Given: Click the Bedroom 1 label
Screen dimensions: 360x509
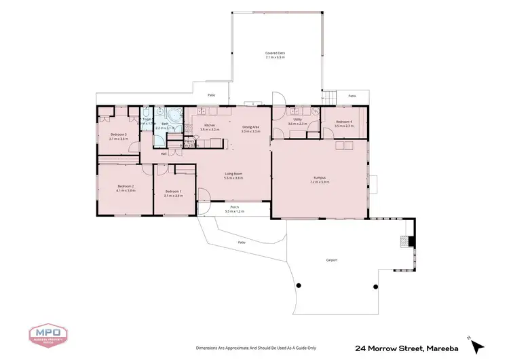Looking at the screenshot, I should tap(174, 192).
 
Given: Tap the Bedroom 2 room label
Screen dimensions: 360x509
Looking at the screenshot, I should tap(126, 187).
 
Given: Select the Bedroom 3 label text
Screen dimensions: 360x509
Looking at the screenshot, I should tap(119, 134).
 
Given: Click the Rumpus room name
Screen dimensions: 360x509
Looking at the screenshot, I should tap(319, 178).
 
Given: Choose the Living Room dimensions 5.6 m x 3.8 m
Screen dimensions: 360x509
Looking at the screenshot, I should tap(234, 178).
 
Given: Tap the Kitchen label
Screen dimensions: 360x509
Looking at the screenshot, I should tap(210, 126).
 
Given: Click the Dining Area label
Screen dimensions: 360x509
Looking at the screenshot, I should tap(251, 127).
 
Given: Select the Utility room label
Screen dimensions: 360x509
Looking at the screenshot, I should tap(297, 120).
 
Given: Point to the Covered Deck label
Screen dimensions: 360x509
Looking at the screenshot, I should tap(274, 54).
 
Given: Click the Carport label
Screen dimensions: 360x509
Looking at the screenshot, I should tap(331, 259).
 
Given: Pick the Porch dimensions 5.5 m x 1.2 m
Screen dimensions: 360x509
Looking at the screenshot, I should tap(234, 212).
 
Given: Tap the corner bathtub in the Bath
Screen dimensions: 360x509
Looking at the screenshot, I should tap(174, 115).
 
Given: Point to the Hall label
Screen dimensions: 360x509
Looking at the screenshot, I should tap(164, 154).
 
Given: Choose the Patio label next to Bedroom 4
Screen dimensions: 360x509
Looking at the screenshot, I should tap(352, 96).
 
